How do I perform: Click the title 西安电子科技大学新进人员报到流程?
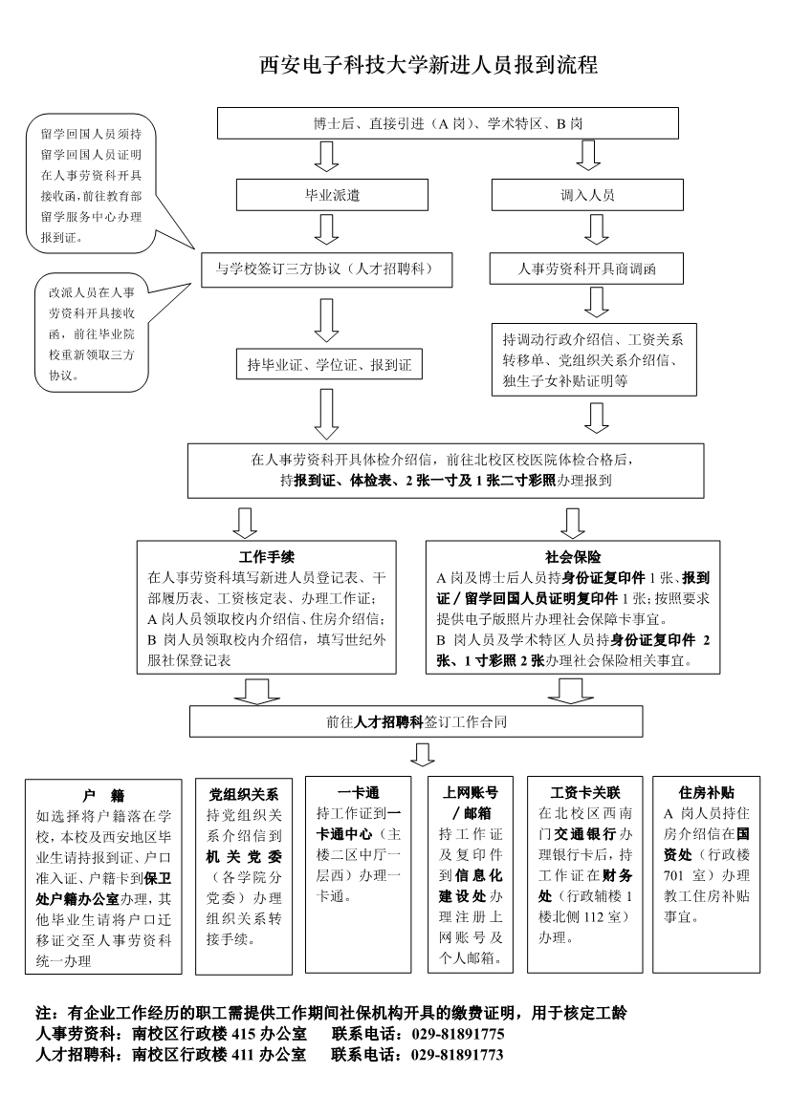[428, 66]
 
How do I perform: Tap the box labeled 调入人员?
[587, 195]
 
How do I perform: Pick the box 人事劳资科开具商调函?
[587, 269]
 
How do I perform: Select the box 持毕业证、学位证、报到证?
[328, 364]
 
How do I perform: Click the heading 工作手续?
[266, 556]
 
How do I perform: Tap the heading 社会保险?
[572, 556]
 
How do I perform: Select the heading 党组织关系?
[243, 794]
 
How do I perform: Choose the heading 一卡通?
[359, 793]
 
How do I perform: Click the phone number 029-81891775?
[458, 1034]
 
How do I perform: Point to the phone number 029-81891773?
[458, 1055]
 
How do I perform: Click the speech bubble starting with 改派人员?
[90, 333]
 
